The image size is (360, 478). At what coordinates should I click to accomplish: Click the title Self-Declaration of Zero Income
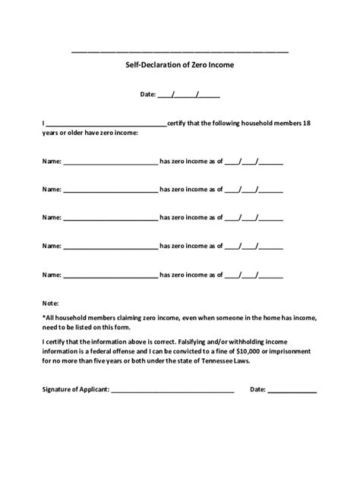[x=180, y=65]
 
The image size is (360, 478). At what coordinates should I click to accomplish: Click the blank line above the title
[x=180, y=52]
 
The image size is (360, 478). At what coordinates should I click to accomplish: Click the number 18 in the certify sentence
[x=306, y=123]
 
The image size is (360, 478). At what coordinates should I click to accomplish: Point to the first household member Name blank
[x=110, y=162]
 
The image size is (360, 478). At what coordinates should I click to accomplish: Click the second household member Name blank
[x=110, y=190]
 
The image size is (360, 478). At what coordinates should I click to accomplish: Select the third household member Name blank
[x=110, y=218]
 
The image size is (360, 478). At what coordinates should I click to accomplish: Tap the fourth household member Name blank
[x=110, y=246]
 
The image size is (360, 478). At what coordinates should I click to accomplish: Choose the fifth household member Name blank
[x=110, y=274]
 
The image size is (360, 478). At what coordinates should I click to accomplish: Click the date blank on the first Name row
[x=254, y=162]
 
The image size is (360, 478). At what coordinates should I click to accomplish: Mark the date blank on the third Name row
[x=254, y=218]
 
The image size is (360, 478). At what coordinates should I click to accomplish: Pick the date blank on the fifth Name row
[x=254, y=274]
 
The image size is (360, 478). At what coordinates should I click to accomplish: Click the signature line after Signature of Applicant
[x=172, y=391]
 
